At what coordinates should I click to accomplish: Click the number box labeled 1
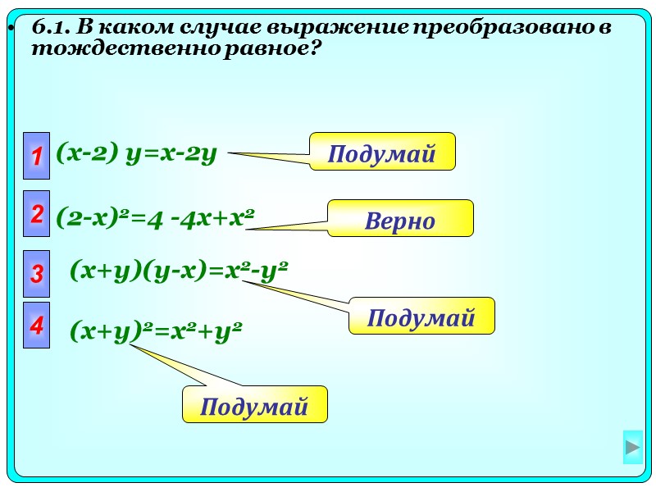point(37,155)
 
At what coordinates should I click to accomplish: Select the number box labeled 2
point(37,215)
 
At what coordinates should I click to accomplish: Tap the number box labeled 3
point(37,274)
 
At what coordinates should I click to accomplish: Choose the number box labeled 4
point(37,326)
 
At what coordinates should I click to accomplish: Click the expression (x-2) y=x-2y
point(136,153)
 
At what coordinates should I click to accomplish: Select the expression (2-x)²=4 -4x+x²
point(155,218)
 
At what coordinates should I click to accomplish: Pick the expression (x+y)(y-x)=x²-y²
point(179,271)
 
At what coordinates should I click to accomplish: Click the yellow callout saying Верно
point(400,219)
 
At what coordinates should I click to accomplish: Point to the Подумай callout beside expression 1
point(381,152)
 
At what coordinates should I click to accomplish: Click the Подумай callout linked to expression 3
point(421,316)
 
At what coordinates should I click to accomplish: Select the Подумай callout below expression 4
point(254,404)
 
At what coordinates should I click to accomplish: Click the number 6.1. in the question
point(52,28)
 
